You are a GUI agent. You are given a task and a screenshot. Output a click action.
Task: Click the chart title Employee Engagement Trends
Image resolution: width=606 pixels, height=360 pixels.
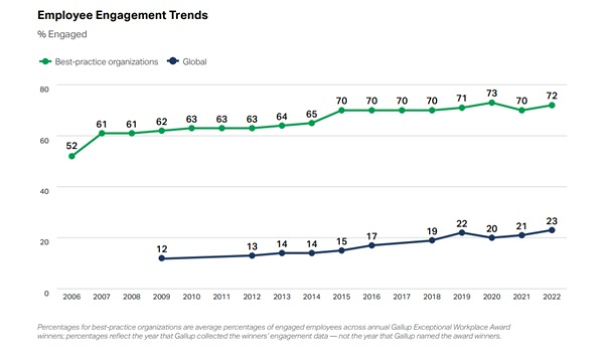click(x=123, y=15)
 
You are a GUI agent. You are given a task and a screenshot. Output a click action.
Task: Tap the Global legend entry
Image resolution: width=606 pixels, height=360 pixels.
click(x=190, y=62)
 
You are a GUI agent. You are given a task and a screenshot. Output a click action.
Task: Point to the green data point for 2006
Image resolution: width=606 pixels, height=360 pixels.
click(x=72, y=156)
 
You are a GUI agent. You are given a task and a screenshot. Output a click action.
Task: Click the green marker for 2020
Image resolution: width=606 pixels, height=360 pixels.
click(x=491, y=102)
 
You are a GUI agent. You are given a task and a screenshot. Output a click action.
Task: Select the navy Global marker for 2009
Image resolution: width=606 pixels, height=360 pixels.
click(x=162, y=258)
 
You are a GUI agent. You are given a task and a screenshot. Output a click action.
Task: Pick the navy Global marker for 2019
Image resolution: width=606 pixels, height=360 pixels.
click(x=462, y=232)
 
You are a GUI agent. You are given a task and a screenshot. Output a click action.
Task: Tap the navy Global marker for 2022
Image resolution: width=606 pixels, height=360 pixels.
click(x=551, y=230)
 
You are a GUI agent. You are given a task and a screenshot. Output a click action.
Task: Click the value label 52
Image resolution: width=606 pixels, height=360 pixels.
click(x=72, y=145)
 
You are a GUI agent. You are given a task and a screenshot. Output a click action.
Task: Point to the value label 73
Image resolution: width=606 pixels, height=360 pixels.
click(x=491, y=92)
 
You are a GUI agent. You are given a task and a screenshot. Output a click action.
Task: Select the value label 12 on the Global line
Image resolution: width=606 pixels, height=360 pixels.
click(x=162, y=248)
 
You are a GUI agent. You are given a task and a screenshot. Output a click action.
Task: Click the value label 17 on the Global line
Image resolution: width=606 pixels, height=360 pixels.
click(x=372, y=235)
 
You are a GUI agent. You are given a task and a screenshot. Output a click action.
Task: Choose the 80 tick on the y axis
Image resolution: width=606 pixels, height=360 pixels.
click(x=45, y=88)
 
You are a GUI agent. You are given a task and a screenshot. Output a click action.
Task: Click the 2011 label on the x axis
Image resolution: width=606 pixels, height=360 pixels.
click(x=222, y=296)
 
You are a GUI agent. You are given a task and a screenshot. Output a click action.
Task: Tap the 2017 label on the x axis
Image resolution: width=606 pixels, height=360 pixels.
click(x=401, y=296)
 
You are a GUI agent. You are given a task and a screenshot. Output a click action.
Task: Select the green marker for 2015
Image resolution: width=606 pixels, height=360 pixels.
click(x=342, y=110)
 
